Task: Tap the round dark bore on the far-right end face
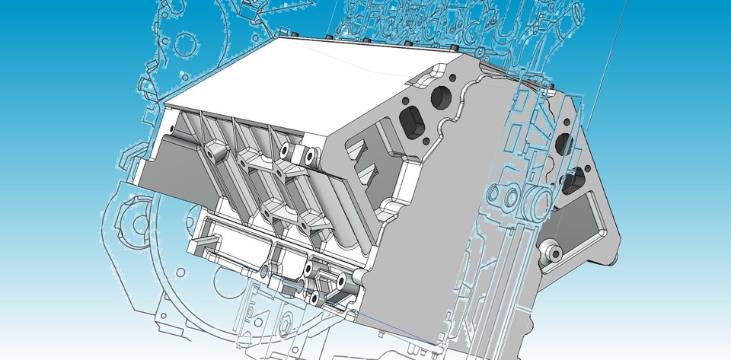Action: pos(564,142)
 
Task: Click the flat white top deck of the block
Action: pos(305,84)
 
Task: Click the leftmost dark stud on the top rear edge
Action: pos(291,36)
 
